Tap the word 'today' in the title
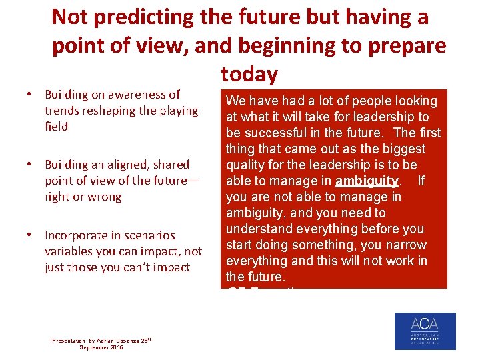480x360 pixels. (x=249, y=74)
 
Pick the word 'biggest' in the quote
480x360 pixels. (x=400, y=149)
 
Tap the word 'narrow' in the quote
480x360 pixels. (x=403, y=245)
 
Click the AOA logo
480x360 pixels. (x=425, y=331)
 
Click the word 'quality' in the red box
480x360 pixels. (x=247, y=165)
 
